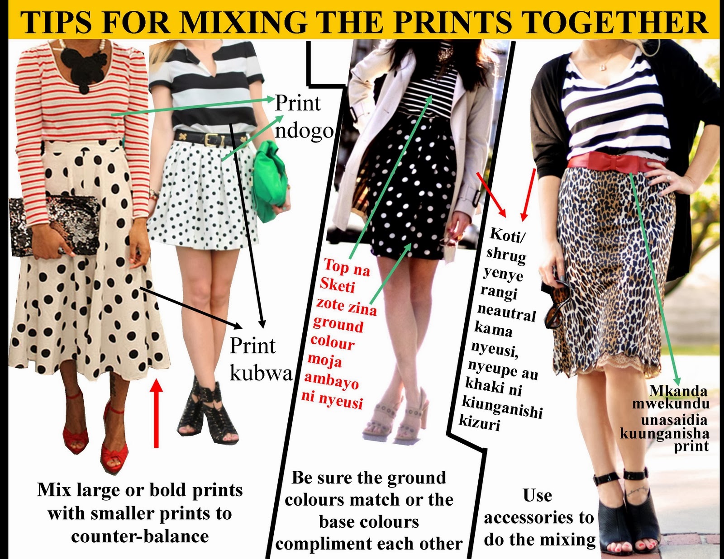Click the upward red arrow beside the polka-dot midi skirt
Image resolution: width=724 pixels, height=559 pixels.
point(156,413)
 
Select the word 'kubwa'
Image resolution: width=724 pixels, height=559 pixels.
point(261,374)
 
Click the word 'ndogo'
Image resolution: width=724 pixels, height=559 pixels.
point(304,131)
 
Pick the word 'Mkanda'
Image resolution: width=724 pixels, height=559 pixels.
point(678,391)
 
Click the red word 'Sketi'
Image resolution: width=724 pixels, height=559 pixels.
point(337,286)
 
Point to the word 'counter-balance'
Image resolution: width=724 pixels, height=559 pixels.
point(140,536)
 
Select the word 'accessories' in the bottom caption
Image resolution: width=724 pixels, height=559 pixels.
point(539,518)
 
